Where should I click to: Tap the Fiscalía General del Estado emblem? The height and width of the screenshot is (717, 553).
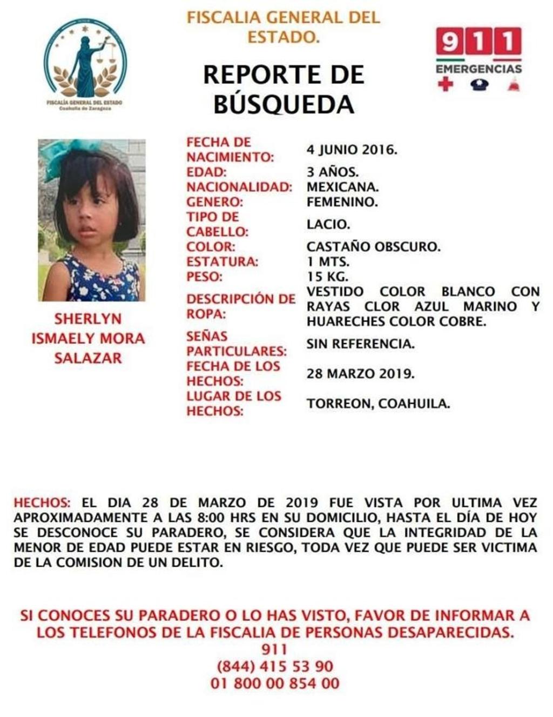pyautogui.click(x=86, y=65)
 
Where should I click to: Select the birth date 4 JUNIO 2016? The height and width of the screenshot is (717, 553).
pyautogui.click(x=352, y=150)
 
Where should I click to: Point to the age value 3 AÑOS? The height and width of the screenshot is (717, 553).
pyautogui.click(x=332, y=172)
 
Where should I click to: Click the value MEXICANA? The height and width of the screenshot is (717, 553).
pyautogui.click(x=342, y=187)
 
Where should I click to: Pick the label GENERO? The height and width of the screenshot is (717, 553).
pyautogui.click(x=214, y=202)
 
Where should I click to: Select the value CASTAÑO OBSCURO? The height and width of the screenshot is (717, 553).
pyautogui.click(x=373, y=247)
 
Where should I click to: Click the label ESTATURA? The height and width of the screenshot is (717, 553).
pyautogui.click(x=222, y=262)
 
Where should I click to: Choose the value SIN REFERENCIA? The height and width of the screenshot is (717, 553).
pyautogui.click(x=360, y=344)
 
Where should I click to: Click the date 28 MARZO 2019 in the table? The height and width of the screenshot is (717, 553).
pyautogui.click(x=360, y=373)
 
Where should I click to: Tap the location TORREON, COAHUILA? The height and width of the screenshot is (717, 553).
pyautogui.click(x=378, y=403)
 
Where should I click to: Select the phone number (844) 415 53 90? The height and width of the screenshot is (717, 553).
pyautogui.click(x=275, y=666)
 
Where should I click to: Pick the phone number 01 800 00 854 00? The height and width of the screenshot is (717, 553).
pyautogui.click(x=275, y=684)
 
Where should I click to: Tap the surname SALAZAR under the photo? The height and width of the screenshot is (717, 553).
pyautogui.click(x=88, y=358)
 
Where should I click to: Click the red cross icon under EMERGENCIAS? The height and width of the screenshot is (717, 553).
pyautogui.click(x=445, y=84)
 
